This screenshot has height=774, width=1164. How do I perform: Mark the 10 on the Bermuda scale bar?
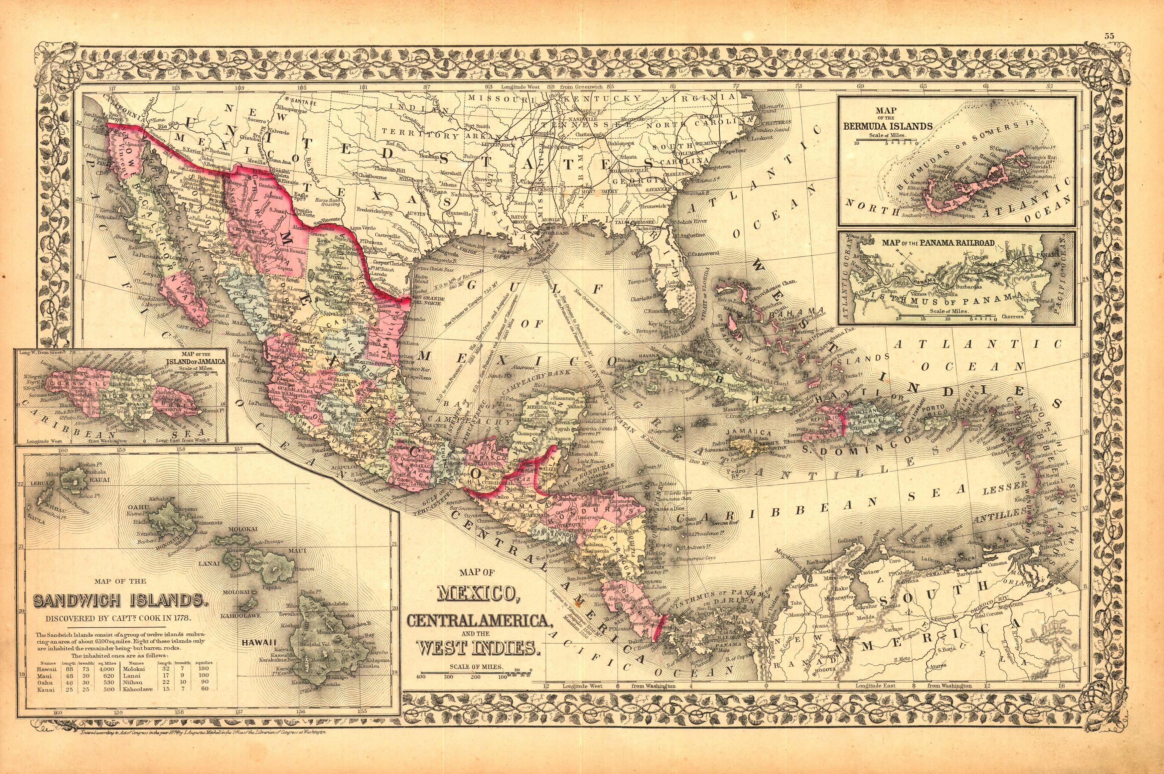click(x=857, y=143)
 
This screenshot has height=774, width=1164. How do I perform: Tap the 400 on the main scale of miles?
click(x=421, y=677)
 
